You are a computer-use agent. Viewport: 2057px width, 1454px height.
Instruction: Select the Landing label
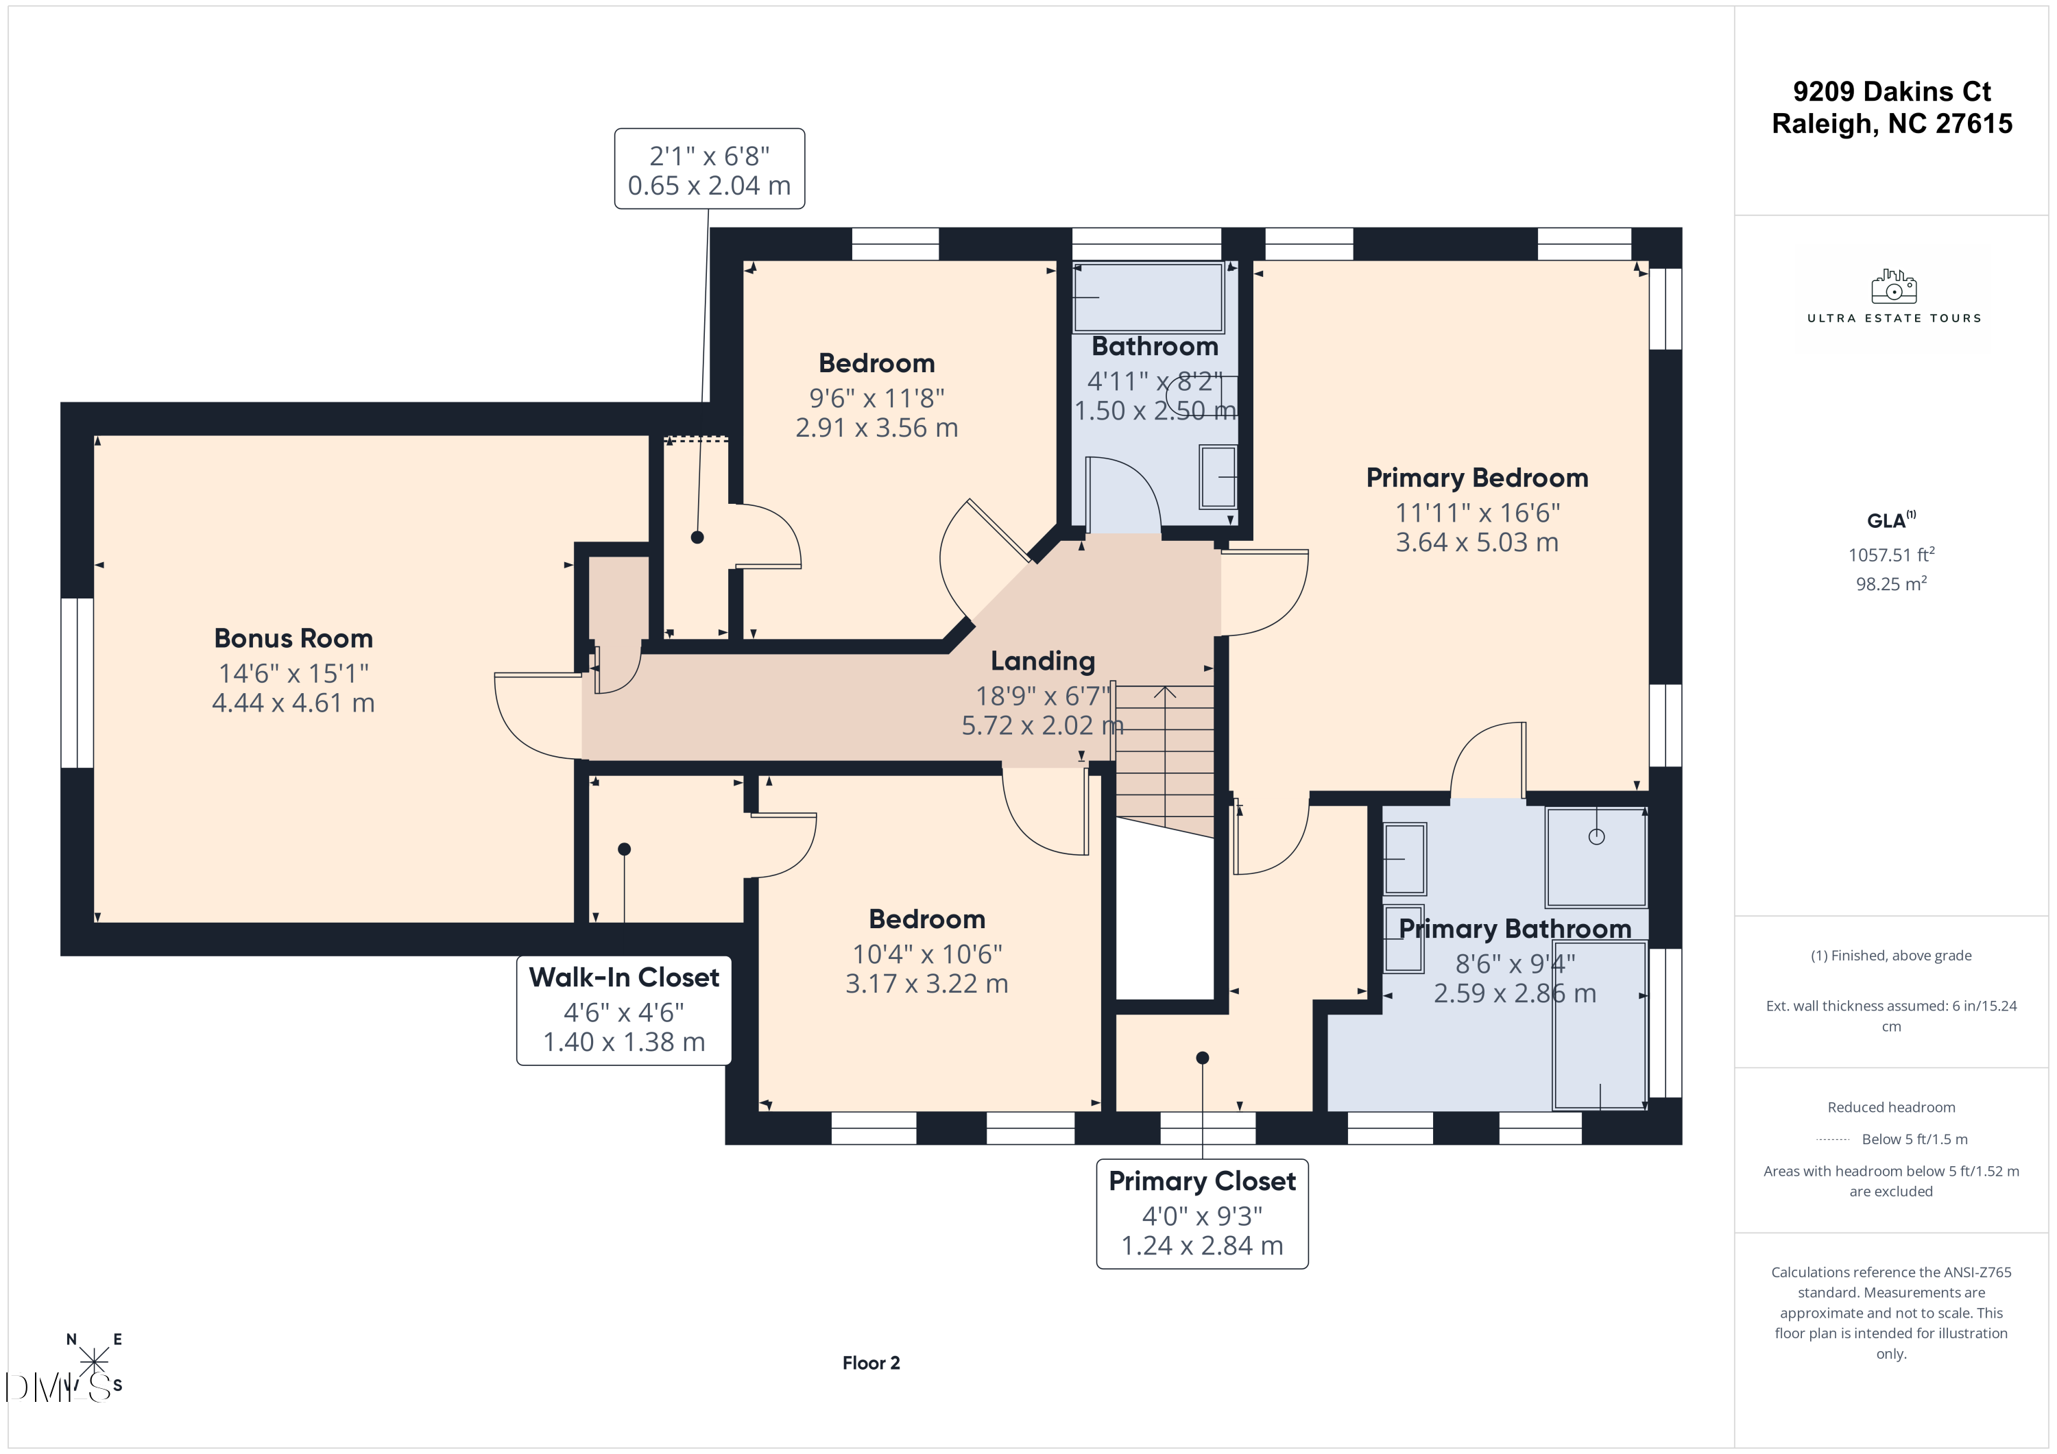[1042, 661]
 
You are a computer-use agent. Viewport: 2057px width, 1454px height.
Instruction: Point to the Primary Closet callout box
[1201, 1214]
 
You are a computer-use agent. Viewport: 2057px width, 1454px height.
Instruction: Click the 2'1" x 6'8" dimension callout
[709, 169]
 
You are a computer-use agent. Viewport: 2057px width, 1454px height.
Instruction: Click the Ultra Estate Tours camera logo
[1893, 287]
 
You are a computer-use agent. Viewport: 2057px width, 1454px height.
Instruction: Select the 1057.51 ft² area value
[1890, 555]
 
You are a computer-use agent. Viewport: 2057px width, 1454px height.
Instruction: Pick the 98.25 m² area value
[1890, 583]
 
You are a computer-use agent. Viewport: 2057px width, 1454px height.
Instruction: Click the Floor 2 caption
[871, 1363]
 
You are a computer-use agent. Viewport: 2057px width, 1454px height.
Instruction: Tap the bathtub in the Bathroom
[1148, 298]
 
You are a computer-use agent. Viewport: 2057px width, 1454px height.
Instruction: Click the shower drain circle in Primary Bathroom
[1596, 837]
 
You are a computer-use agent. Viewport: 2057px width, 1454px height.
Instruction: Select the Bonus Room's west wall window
[77, 683]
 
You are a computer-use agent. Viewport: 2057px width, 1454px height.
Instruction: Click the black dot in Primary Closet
[1202, 1058]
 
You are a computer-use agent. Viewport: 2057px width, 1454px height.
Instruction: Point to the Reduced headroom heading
[1890, 1107]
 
